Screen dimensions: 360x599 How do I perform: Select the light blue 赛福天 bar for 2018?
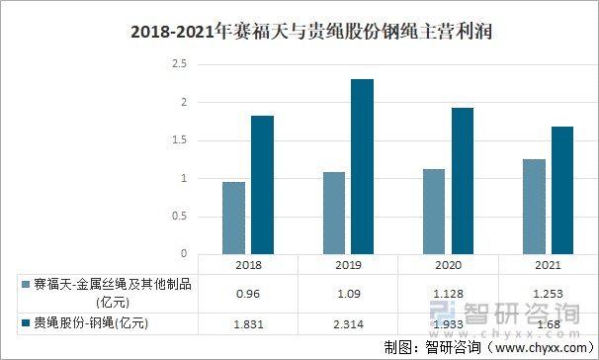[233, 218]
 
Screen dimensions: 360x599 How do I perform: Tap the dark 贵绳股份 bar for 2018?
[262, 184]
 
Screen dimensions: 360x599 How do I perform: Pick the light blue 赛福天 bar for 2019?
[333, 213]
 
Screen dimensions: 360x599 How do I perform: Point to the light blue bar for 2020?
[434, 211]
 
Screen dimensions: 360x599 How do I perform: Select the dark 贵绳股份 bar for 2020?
[463, 180]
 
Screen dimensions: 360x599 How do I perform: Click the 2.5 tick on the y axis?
[179, 64]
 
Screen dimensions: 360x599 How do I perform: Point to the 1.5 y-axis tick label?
[179, 140]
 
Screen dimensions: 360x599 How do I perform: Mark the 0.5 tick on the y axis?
[179, 217]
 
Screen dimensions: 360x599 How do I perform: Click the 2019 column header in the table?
[347, 265]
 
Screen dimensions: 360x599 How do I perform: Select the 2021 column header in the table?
[548, 265]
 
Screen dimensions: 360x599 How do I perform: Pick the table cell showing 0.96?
[247, 294]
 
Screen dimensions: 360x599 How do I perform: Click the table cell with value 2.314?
[347, 324]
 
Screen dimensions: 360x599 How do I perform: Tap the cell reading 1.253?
[548, 294]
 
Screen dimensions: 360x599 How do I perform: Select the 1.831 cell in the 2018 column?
[247, 324]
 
